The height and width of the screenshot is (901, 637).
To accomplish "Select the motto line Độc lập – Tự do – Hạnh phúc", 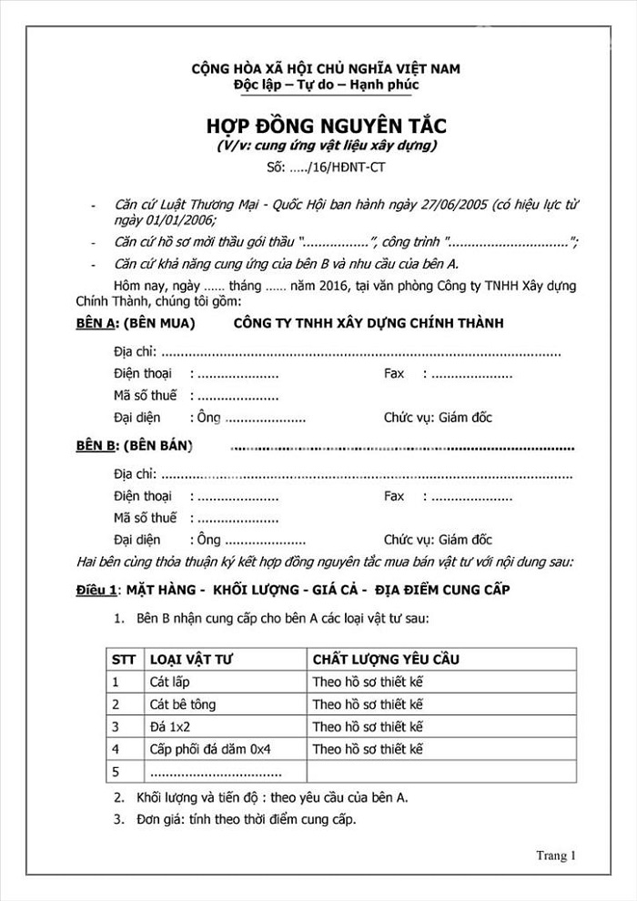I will click(x=325, y=85).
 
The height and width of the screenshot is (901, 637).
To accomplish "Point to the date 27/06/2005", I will click(x=449, y=205).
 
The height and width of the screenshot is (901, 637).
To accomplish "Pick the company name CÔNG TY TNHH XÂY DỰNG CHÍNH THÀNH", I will click(x=369, y=324).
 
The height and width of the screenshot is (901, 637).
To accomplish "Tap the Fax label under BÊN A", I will click(x=394, y=374).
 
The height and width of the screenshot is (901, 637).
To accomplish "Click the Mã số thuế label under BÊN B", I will click(x=146, y=517).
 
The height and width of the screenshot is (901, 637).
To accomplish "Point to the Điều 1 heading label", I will click(x=96, y=590).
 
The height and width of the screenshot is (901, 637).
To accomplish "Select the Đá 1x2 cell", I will click(x=168, y=726).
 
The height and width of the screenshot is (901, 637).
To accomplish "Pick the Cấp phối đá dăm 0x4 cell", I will click(x=210, y=749).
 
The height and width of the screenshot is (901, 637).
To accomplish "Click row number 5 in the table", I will click(x=116, y=772).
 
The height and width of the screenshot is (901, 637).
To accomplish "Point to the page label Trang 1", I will click(x=557, y=855).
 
